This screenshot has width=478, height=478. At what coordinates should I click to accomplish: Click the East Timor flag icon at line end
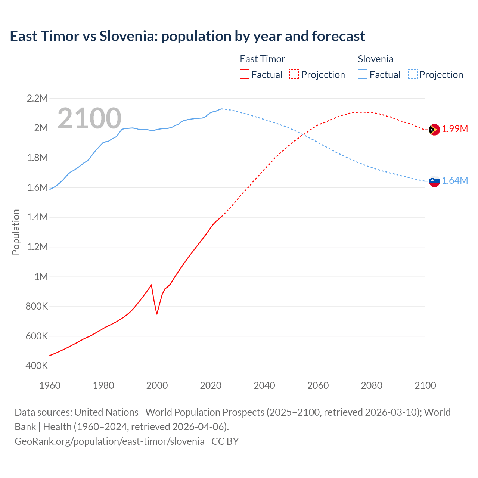point(434,130)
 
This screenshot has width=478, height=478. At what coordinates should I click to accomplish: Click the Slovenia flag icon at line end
point(434,181)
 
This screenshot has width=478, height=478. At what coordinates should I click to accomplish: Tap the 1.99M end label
point(455,129)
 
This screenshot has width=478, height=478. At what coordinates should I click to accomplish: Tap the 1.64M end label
point(455,181)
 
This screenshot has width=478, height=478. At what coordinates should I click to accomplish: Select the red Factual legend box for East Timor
point(244,74)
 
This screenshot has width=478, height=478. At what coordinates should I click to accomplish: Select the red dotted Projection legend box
point(294,74)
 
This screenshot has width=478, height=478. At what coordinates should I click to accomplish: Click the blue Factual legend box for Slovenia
point(363,74)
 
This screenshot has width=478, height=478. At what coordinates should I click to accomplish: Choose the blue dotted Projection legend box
point(413,74)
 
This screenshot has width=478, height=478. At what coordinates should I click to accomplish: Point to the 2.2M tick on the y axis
point(37,99)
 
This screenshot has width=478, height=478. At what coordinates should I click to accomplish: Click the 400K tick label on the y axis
point(37,366)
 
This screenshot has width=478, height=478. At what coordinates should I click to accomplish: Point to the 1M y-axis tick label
point(41,277)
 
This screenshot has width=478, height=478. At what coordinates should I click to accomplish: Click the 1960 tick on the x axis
point(50,385)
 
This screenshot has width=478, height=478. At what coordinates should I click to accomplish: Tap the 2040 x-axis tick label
point(264,385)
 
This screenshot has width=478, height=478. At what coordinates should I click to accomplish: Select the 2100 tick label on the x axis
point(425,385)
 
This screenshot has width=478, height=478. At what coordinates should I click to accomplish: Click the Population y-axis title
point(16,232)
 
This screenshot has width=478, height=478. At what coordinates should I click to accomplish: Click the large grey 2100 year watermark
point(89,118)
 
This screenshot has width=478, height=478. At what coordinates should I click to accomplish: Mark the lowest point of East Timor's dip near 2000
point(157,314)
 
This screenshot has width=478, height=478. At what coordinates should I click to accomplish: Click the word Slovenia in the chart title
point(125,36)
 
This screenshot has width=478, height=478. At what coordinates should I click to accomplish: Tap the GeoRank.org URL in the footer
point(109,441)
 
